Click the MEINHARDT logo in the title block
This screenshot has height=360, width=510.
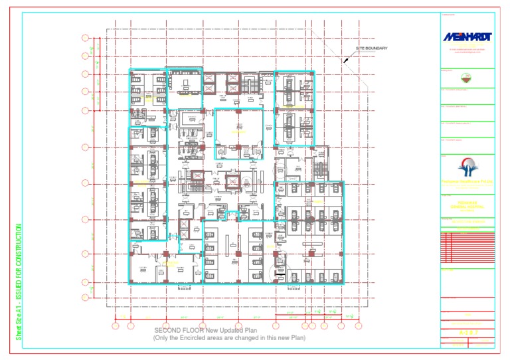467,37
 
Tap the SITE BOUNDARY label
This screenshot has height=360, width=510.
371,48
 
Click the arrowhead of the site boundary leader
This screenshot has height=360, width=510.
345,62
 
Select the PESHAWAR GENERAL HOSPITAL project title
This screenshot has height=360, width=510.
467,206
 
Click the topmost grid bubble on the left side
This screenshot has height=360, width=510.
85,37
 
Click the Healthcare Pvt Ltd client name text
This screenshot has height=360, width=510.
467,181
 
